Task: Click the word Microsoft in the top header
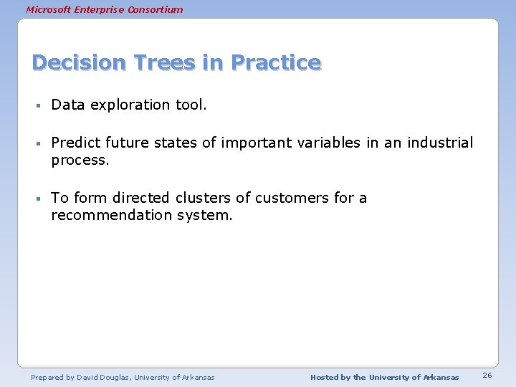(x=49, y=9)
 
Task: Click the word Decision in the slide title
(x=77, y=63)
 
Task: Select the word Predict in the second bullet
(x=74, y=143)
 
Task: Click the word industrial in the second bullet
(x=440, y=143)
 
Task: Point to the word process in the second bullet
(x=79, y=161)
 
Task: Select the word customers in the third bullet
(x=292, y=198)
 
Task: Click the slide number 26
(x=487, y=376)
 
